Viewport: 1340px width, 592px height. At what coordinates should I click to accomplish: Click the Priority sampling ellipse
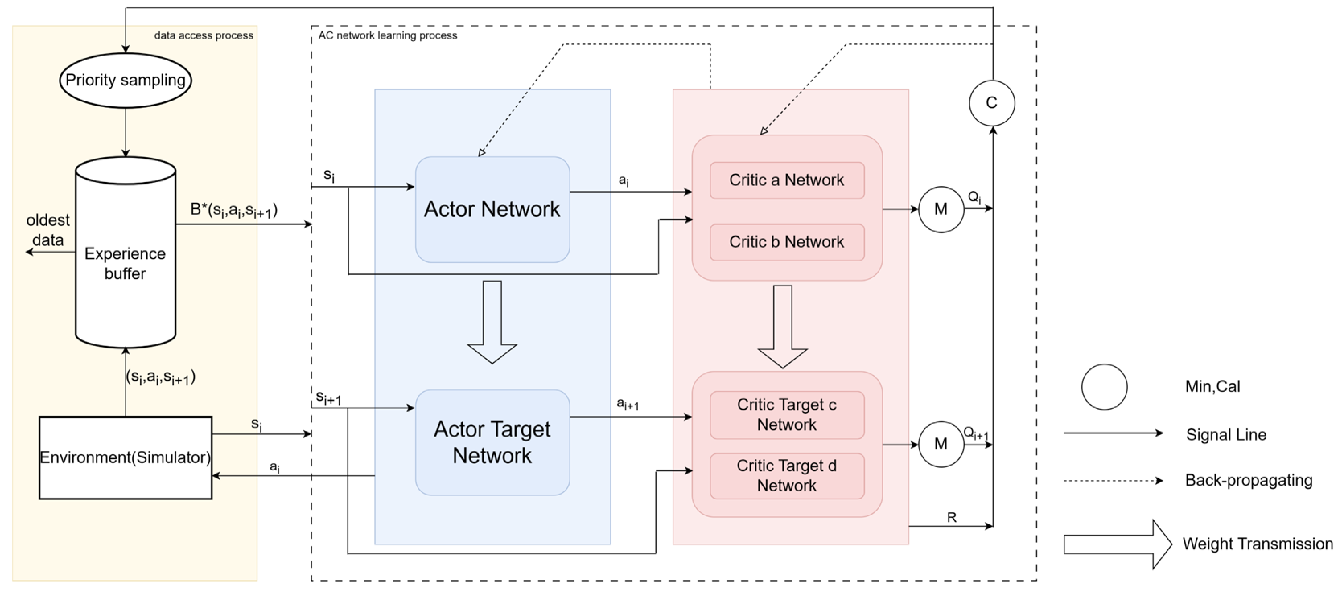coord(126,80)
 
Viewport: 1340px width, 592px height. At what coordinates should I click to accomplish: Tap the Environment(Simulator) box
coord(126,457)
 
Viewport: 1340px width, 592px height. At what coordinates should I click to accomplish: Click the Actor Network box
coord(492,209)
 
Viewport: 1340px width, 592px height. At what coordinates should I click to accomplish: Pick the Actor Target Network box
coord(492,442)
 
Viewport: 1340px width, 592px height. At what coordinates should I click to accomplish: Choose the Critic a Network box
coord(786,180)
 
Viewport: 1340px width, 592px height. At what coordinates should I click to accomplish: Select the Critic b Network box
coord(786,242)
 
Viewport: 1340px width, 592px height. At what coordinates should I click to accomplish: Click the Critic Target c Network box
coord(786,415)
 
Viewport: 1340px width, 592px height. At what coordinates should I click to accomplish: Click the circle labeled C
coord(992,103)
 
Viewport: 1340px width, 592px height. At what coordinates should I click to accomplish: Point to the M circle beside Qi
coord(941,209)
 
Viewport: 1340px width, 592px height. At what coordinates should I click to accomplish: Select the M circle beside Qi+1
coord(941,444)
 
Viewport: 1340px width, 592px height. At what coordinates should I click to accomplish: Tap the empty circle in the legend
coord(1104,387)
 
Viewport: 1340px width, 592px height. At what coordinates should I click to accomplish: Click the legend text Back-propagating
coord(1248,480)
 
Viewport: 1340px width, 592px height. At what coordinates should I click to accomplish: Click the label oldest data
coord(48,230)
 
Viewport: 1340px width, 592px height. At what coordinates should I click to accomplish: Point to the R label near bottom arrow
coord(951,517)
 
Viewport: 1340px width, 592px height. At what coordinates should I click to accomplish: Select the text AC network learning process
coord(387,35)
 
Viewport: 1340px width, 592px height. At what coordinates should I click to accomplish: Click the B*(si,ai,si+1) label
coord(234,210)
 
